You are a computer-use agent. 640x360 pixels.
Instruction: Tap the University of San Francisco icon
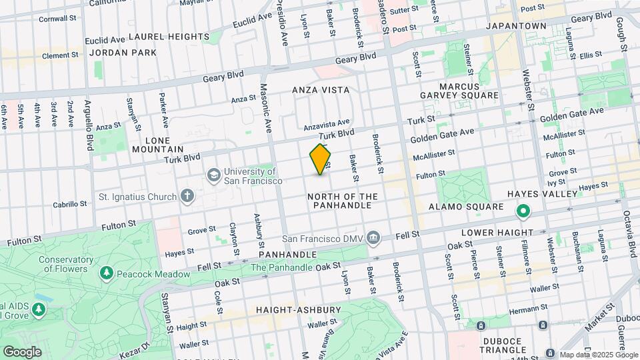(x=214, y=175)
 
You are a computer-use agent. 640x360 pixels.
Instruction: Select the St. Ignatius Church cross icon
(x=188, y=197)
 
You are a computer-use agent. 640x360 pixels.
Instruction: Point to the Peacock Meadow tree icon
(x=106, y=273)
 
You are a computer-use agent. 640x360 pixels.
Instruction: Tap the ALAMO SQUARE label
(x=466, y=207)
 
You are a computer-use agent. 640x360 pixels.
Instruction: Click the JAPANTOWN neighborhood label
(x=516, y=26)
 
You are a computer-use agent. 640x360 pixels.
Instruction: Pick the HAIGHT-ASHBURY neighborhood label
(x=299, y=310)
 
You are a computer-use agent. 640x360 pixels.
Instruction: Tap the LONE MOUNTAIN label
(x=158, y=145)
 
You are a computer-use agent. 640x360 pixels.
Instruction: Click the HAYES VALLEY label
(x=541, y=194)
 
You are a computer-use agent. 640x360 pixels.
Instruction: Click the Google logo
(x=22, y=351)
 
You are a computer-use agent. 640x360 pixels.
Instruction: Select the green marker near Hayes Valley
(x=523, y=213)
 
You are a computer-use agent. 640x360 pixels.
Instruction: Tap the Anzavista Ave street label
(x=327, y=123)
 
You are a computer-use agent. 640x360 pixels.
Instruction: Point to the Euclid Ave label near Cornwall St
(x=105, y=41)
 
